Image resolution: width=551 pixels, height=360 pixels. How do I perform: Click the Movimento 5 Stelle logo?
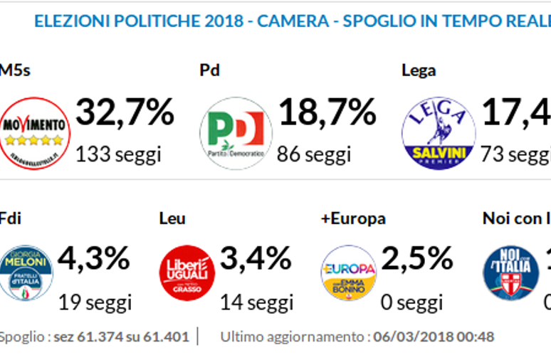[34, 133]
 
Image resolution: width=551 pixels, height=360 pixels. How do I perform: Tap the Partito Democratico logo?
[236, 133]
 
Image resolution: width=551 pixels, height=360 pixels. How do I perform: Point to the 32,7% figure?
[125, 112]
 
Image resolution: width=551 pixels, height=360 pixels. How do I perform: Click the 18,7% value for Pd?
[327, 112]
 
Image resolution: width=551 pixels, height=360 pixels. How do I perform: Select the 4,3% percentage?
[94, 258]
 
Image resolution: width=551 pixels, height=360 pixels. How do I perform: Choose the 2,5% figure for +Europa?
[417, 258]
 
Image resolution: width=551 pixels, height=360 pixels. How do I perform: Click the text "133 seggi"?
[118, 153]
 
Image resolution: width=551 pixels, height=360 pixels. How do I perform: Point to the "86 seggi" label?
[315, 153]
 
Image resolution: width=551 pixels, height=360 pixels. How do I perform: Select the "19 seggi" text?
[95, 302]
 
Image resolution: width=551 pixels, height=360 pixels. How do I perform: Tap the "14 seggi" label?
[256, 302]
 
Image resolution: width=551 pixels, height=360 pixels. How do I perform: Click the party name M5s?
[14, 70]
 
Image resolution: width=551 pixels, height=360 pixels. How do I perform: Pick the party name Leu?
[172, 218]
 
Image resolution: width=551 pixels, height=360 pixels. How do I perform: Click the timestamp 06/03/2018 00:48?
[434, 337]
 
